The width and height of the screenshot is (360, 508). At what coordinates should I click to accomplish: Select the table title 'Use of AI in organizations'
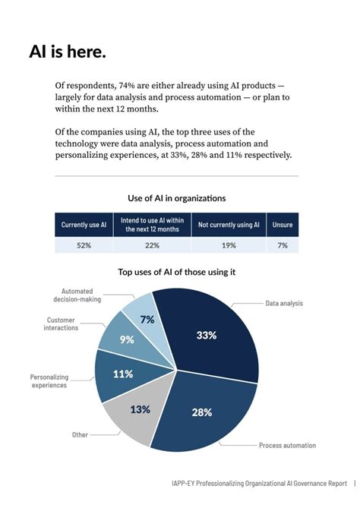coord(177,198)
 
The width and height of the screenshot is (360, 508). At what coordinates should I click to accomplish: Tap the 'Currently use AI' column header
coord(84,225)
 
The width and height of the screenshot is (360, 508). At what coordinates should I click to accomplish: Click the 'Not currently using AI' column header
coord(229,225)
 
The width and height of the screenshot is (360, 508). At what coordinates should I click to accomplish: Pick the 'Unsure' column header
coord(283,225)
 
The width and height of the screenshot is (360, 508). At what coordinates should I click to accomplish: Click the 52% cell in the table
coord(84,245)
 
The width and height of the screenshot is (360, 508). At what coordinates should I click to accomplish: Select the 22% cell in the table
coord(153,245)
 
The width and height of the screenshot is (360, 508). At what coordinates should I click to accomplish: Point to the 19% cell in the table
coord(229,245)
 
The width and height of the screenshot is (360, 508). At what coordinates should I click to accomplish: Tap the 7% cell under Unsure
coord(283,245)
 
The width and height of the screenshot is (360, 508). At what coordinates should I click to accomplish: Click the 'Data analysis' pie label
coord(284,303)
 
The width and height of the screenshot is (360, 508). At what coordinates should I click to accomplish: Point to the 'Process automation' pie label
coord(287,445)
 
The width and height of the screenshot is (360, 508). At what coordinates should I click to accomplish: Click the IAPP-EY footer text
coord(258,483)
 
